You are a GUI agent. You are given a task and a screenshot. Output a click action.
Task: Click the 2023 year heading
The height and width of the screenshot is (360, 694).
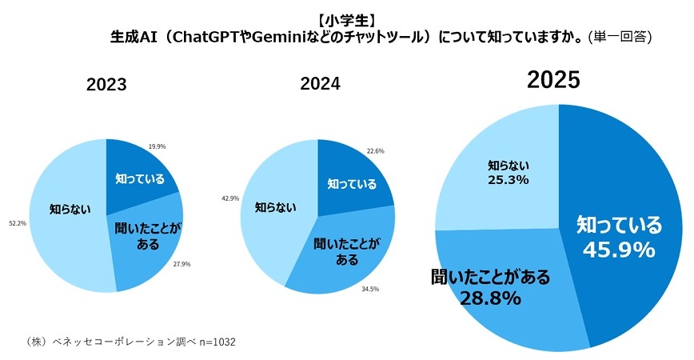tap(106, 86)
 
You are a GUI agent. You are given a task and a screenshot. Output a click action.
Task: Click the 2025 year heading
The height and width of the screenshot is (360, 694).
tap(552, 81)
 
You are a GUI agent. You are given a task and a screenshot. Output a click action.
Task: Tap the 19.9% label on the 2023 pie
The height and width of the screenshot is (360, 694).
tap(158, 146)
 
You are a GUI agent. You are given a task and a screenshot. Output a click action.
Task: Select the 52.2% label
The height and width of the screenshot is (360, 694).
tap(18, 223)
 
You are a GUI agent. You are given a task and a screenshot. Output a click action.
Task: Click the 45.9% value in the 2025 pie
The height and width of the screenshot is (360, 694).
tap(620, 250)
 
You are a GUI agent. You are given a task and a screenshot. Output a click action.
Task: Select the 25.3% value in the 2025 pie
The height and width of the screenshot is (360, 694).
tap(509, 180)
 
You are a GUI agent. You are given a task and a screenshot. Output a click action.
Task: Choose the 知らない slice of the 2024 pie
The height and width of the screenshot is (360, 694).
tap(272, 207)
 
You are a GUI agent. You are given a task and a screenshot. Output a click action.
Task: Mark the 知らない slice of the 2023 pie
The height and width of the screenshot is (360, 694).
tap(68, 210)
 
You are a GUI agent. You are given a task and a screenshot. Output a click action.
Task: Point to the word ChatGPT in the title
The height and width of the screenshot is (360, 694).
tap(207, 37)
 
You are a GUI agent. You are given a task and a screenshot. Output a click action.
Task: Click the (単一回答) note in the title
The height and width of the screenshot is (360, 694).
tap(620, 37)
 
